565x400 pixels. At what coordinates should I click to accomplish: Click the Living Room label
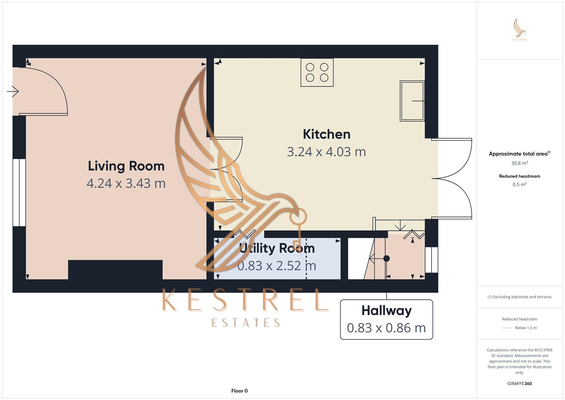[x=126, y=166]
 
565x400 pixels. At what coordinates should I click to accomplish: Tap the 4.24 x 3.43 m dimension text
[x=126, y=183]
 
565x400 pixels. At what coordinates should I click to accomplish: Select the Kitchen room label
[x=326, y=134]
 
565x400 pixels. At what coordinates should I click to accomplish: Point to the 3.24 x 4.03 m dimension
[x=326, y=151]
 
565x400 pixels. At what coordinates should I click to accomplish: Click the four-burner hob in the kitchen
[x=317, y=73]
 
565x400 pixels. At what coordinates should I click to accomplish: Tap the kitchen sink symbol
[x=412, y=101]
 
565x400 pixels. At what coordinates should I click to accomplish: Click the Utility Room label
[x=277, y=248]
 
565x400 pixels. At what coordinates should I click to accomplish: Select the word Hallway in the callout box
[x=386, y=310]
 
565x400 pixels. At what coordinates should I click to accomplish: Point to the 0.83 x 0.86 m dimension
[x=386, y=328]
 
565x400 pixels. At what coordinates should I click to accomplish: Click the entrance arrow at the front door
[x=13, y=91]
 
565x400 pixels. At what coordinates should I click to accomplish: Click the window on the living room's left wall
[x=19, y=193]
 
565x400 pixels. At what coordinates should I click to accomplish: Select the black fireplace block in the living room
[x=115, y=270]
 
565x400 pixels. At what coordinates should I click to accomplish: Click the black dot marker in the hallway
[x=387, y=259]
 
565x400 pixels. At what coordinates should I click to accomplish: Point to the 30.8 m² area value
[x=519, y=163]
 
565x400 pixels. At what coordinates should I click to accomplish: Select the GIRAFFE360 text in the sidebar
[x=519, y=384]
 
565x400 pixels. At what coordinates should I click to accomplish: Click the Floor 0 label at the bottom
[x=239, y=391]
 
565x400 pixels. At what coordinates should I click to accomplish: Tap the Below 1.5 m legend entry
[x=525, y=328]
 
